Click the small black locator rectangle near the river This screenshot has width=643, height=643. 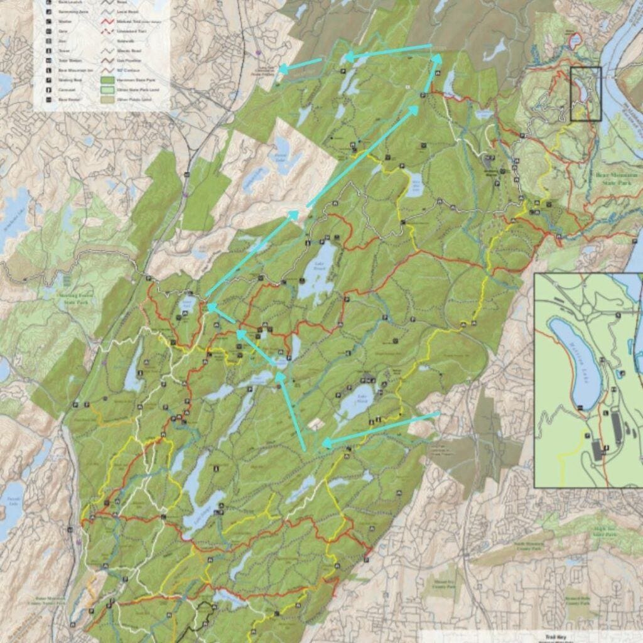pyautogui.click(x=586, y=93)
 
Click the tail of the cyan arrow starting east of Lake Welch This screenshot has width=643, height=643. pyautogui.click(x=438, y=413)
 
